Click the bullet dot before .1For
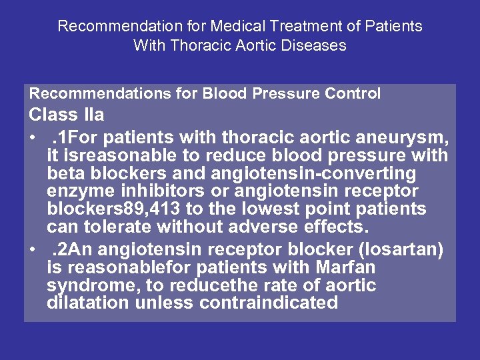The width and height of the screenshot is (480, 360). click(33, 139)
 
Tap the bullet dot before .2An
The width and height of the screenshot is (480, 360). click(33, 251)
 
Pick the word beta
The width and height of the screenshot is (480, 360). click(65, 174)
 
